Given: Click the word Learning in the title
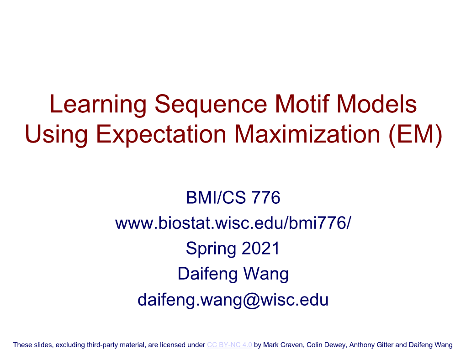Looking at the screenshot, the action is (98, 105).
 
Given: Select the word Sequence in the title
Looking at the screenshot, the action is (211, 105).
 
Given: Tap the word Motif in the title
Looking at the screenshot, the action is (302, 104).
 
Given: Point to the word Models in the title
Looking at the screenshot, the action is (376, 104).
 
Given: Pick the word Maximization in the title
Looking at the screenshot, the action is (307, 134).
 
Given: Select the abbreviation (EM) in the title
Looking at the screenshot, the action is (415, 135).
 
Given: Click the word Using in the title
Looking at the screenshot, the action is (57, 135).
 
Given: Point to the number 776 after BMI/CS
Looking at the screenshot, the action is (266, 197).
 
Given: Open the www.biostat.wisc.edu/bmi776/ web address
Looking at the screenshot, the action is (233, 223).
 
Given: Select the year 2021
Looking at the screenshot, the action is (260, 248).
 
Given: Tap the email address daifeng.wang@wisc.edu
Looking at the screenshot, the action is (233, 300).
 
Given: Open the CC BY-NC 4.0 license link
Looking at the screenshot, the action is (229, 345).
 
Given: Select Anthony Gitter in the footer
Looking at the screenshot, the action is (371, 345).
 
